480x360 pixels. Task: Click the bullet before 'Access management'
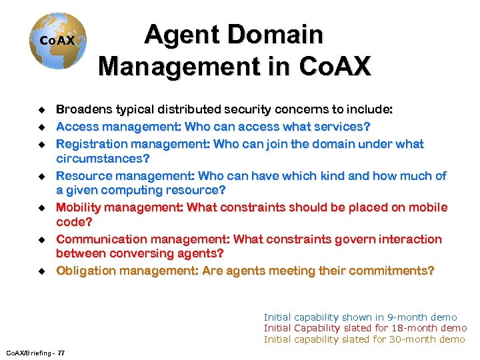click(41, 126)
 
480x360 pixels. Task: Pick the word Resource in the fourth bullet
click(83, 176)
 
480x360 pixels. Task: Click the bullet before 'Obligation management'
click(41, 271)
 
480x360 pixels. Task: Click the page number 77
click(62, 352)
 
